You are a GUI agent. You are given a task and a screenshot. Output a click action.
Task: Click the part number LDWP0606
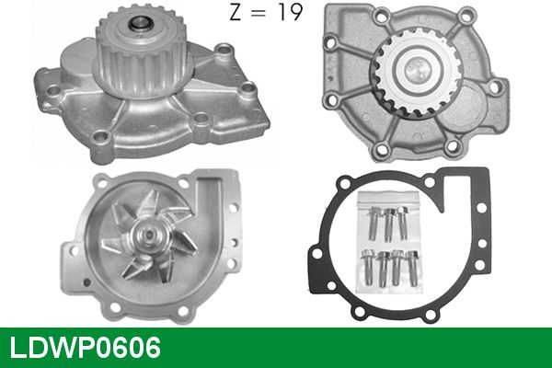86,348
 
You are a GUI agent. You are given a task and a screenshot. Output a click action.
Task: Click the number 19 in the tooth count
290,12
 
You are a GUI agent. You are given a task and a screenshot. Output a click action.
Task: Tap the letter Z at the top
236,12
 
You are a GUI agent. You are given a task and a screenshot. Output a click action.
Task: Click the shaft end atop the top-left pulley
140,25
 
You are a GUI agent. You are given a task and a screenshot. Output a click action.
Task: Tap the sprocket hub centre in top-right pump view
416,70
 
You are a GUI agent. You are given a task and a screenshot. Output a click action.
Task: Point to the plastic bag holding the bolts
389,242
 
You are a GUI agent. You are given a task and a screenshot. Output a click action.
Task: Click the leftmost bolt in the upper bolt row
374,223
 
